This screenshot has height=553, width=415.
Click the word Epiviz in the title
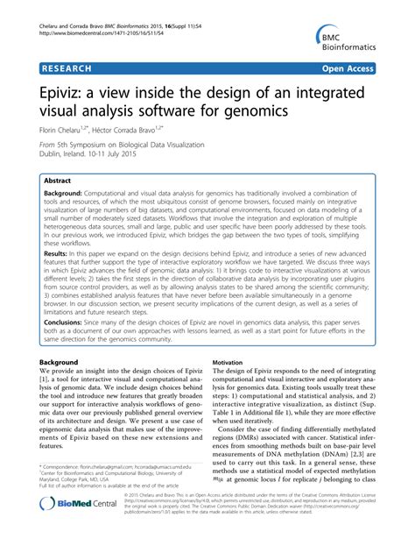(x=67, y=91)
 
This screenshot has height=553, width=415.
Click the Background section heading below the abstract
(x=66, y=361)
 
